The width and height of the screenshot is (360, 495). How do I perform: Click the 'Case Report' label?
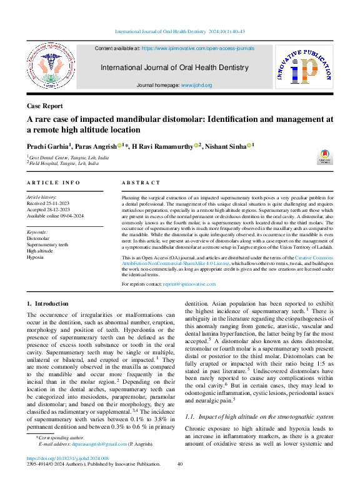[x=44, y=106]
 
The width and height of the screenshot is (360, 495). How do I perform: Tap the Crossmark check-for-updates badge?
[x=325, y=157]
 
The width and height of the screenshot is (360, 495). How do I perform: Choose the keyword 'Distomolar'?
[x=38, y=238]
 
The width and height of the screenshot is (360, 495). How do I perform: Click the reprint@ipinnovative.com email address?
[x=189, y=284]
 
